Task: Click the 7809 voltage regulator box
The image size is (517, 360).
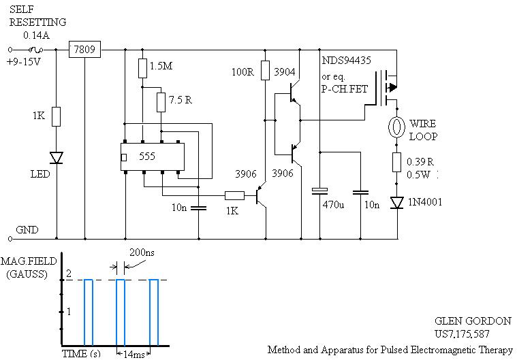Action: (x=84, y=50)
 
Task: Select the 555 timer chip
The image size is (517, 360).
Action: (x=153, y=157)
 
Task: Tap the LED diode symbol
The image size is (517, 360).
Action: (x=57, y=158)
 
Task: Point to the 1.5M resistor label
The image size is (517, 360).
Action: (x=161, y=66)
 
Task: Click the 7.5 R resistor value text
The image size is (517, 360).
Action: (x=180, y=100)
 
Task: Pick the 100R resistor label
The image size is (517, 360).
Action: (x=242, y=72)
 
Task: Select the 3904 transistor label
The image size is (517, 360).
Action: (x=284, y=72)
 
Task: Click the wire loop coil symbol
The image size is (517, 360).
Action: (x=396, y=127)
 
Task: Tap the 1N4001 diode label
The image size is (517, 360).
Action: (x=424, y=202)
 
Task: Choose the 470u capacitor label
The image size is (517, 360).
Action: (x=333, y=205)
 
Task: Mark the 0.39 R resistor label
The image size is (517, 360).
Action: (x=420, y=162)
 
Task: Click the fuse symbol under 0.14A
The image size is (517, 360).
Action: (x=35, y=50)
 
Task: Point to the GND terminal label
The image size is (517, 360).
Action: (x=27, y=229)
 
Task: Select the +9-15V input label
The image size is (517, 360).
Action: (x=23, y=62)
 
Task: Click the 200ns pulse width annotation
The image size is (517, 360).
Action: (x=142, y=252)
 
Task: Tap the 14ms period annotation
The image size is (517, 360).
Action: (x=134, y=355)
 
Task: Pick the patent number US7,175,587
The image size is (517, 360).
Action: (x=462, y=334)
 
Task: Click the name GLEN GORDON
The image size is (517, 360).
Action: (x=473, y=321)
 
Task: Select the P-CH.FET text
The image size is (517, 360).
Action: (x=345, y=89)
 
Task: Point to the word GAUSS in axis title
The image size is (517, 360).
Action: (x=27, y=274)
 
